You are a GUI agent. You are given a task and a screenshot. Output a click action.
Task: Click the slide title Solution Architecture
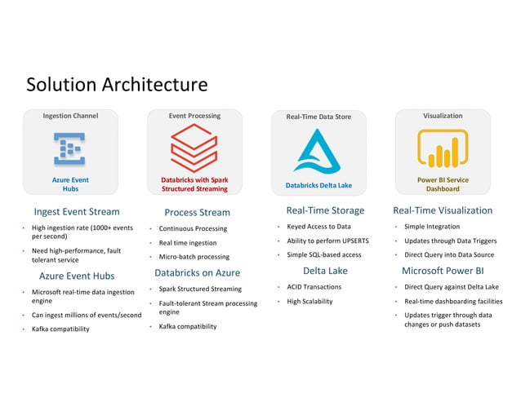[x=117, y=85]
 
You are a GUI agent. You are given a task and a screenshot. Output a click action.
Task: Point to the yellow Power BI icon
[x=443, y=149]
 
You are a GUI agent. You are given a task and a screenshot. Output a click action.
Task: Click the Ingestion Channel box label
[x=70, y=116]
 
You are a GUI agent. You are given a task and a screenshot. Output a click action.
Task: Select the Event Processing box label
[x=194, y=116]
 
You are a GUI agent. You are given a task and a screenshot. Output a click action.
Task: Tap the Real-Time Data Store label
[x=318, y=117]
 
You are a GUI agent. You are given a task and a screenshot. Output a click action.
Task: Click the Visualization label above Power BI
[x=443, y=116]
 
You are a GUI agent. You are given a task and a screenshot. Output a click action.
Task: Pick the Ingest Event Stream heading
[x=76, y=212]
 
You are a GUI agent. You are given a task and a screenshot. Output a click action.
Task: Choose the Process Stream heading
[x=197, y=213]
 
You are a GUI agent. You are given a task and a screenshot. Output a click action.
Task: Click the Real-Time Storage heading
[x=319, y=210]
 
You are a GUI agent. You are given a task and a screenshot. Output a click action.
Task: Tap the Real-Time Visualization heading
[x=443, y=210]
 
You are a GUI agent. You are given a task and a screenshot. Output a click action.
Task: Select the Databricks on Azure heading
[x=197, y=272]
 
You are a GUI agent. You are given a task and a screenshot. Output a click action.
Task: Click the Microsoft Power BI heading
[x=443, y=271]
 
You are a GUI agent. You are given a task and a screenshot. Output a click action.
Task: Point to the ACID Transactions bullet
[x=314, y=287]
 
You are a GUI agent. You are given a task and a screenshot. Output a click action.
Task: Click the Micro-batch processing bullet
[x=194, y=257]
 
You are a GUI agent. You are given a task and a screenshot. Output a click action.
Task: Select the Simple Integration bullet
[x=432, y=227]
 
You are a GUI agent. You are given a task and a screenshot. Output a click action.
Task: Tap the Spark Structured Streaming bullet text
[x=200, y=289]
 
